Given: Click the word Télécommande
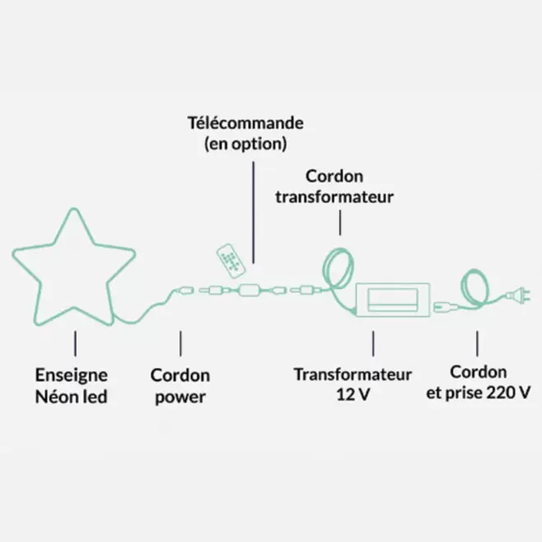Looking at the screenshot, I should coord(244,124).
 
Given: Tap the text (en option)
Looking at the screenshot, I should coord(245,145).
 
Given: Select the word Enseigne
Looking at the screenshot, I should coord(71,375).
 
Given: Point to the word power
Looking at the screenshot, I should coord(180,397).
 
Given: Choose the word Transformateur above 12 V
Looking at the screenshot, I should coord(353,374).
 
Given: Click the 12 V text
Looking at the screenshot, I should coord(352,394).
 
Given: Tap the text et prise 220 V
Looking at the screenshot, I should coord(477,393).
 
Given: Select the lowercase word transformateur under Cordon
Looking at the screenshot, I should coord(334,197).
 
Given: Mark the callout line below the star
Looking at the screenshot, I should coord(76,343).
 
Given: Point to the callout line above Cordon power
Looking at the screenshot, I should coord(181,343).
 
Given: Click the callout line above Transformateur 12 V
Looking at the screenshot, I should coord(374,343).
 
